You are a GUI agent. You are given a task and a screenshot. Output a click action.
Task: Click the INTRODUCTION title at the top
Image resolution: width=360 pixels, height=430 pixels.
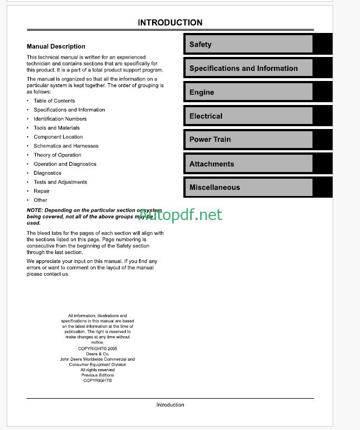click(170, 23)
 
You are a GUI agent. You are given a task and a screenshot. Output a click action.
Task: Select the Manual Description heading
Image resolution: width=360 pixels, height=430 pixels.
click(56, 46)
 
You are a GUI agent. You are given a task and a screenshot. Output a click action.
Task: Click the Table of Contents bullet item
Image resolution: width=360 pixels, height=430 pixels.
click(54, 101)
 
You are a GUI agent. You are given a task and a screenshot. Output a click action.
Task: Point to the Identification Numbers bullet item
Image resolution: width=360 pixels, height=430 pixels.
click(60, 119)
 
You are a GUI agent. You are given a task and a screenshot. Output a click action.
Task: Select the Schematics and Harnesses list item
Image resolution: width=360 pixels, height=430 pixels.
click(66, 146)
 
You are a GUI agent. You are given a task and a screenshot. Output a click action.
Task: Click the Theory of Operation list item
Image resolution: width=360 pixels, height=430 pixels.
click(57, 155)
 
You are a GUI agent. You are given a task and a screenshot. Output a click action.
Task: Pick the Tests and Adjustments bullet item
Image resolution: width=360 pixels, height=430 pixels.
click(60, 182)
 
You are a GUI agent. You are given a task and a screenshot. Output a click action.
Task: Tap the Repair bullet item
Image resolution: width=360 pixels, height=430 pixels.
click(41, 191)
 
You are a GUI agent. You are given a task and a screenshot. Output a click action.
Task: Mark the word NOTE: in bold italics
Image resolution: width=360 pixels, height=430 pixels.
click(34, 210)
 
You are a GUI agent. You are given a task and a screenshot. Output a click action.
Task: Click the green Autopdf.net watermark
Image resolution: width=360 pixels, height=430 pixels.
click(180, 215)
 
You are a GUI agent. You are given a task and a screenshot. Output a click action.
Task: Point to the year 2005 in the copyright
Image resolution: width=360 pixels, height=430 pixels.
click(111, 348)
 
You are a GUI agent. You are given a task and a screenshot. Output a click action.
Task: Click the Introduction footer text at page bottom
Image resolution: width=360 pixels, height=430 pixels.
click(170, 405)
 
